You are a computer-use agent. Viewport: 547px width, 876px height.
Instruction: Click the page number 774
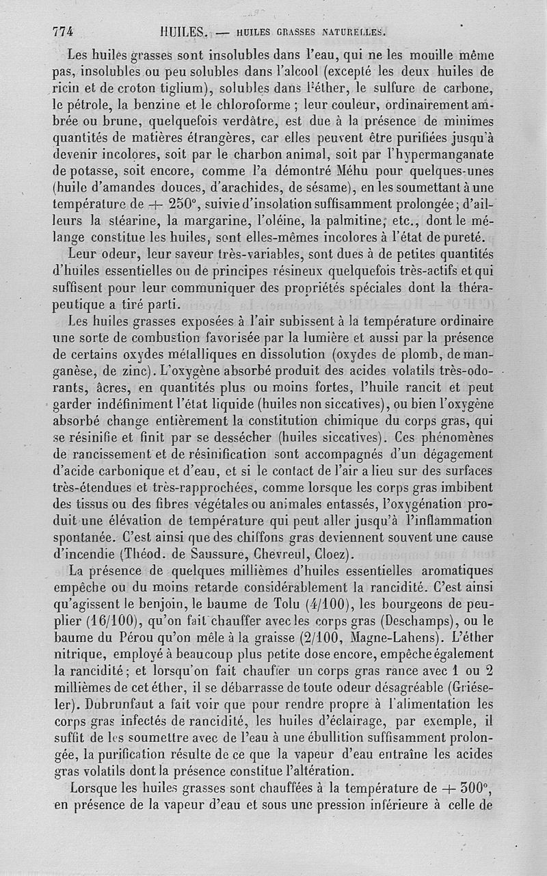(62, 31)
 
